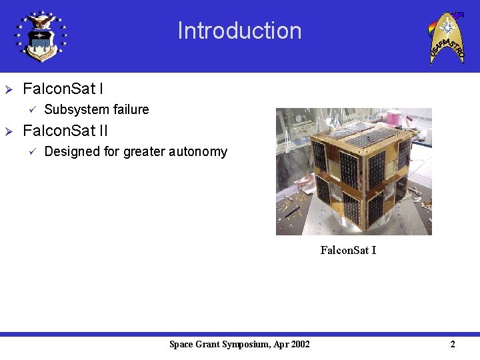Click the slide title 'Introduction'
239,31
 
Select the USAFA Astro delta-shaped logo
446,37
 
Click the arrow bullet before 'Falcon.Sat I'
9,89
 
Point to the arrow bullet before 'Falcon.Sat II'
9,131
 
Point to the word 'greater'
145,152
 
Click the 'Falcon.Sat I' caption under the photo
348,250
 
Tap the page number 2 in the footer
453,344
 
